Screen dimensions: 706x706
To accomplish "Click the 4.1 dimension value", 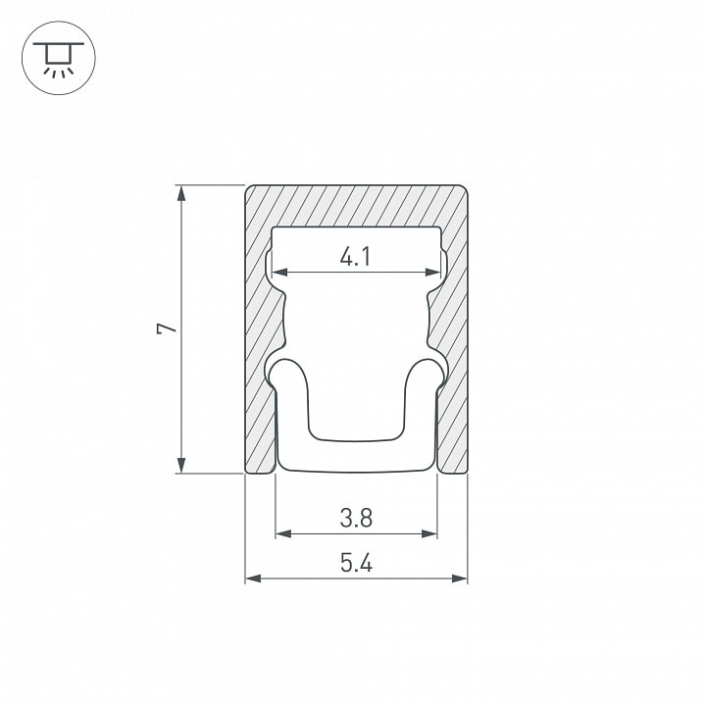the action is [x=355, y=257].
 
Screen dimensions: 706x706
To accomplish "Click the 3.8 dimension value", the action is [x=356, y=518].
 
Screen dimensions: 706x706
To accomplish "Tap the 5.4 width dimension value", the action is [x=356, y=563].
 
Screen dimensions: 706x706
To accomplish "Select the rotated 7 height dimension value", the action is [x=167, y=328].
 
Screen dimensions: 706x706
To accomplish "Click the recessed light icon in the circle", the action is [x=59, y=58].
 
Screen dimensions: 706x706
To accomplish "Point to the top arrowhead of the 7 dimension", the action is [x=181, y=193].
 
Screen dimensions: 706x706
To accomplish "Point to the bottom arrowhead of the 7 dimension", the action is [x=181, y=465].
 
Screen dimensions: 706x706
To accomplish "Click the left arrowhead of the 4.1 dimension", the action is [x=280, y=272].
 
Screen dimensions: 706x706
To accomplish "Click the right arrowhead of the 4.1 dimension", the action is [x=432, y=272].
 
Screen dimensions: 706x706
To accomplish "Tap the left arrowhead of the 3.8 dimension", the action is [x=283, y=534].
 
